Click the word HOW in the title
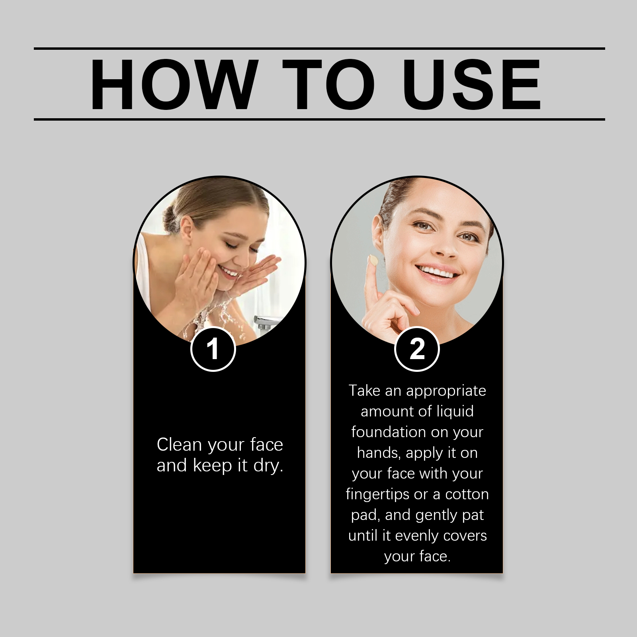(x=172, y=84)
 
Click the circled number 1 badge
(x=213, y=349)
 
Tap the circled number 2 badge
(x=417, y=349)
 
